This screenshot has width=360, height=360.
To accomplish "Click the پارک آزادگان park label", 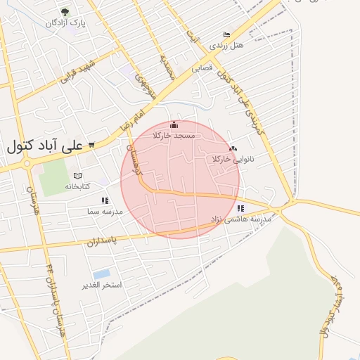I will (x=65, y=23).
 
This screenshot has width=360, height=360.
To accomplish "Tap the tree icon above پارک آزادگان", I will (x=65, y=12).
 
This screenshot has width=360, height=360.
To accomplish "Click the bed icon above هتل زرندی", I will (x=226, y=34).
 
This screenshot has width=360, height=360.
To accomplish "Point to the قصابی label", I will (x=202, y=68).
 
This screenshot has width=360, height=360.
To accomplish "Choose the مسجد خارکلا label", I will (x=174, y=136).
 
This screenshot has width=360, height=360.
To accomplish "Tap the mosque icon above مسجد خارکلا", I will (x=174, y=125).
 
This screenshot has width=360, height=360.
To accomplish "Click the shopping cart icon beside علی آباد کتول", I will (x=91, y=146).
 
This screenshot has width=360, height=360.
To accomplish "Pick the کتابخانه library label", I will (x=78, y=186).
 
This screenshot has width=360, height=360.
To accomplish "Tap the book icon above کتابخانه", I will (x=78, y=176).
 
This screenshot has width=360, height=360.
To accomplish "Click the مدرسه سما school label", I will (x=105, y=211).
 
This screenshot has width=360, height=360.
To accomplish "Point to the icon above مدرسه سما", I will (x=105, y=200).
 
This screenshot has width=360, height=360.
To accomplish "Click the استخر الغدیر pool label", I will (x=102, y=285).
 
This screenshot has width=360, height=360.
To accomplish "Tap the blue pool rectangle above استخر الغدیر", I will (x=101, y=274).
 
